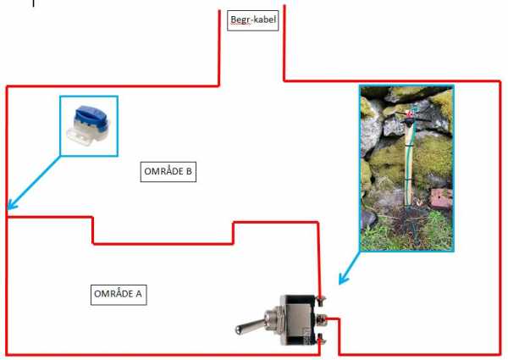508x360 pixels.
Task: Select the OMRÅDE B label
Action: pos(168,172)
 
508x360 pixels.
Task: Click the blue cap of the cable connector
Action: pos(88,115)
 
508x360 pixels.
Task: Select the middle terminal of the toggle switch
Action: pos(322,321)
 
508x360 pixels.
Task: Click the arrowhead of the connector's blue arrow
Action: pos(11,205)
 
